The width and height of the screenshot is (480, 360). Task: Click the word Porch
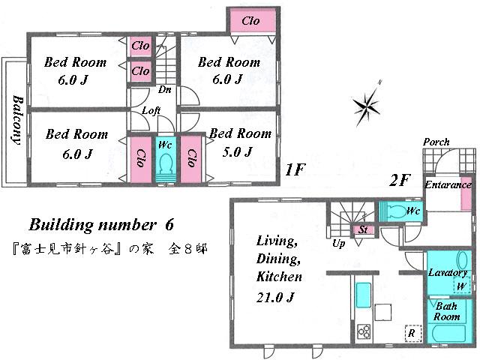436,142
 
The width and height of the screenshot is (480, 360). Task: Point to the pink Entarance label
448,184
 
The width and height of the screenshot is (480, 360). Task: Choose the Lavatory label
448,273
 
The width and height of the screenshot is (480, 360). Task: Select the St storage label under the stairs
363,229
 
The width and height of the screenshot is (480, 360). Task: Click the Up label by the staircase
339,244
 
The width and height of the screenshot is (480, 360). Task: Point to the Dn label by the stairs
163,89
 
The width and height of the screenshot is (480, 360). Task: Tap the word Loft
152,110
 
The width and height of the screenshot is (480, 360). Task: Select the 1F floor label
295,169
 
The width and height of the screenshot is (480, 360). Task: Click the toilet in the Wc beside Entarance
395,210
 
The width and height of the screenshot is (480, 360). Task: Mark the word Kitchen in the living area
279,277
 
